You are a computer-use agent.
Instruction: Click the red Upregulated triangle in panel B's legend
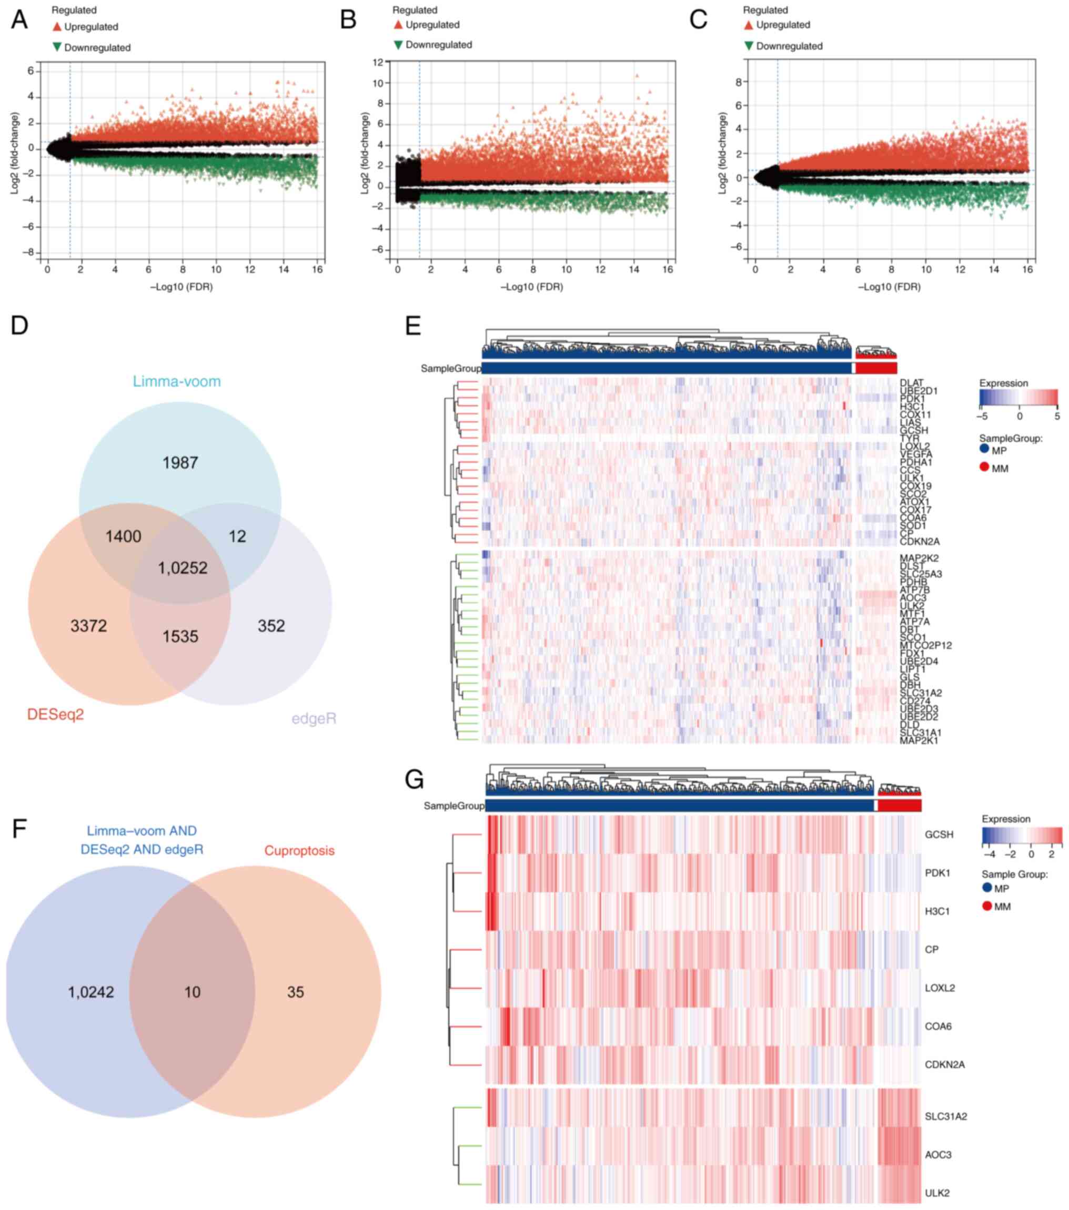(398, 25)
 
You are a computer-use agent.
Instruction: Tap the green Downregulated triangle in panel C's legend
(749, 46)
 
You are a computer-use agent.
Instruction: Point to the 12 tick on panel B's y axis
(377, 62)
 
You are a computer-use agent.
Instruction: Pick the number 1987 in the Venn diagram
(180, 463)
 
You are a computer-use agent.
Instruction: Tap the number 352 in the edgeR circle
(271, 626)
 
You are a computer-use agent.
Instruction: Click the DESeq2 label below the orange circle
(56, 715)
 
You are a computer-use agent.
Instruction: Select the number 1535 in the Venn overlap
(180, 636)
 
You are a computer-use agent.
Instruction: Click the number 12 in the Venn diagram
(237, 536)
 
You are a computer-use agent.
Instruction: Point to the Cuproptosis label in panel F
(299, 851)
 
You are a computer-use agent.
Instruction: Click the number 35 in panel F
(296, 992)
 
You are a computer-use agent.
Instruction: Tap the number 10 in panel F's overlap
(193, 992)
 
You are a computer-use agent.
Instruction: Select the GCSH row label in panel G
(939, 835)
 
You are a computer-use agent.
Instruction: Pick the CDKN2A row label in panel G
(944, 1064)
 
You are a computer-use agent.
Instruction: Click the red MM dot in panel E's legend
(984, 467)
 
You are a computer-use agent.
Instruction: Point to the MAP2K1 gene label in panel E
(919, 740)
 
